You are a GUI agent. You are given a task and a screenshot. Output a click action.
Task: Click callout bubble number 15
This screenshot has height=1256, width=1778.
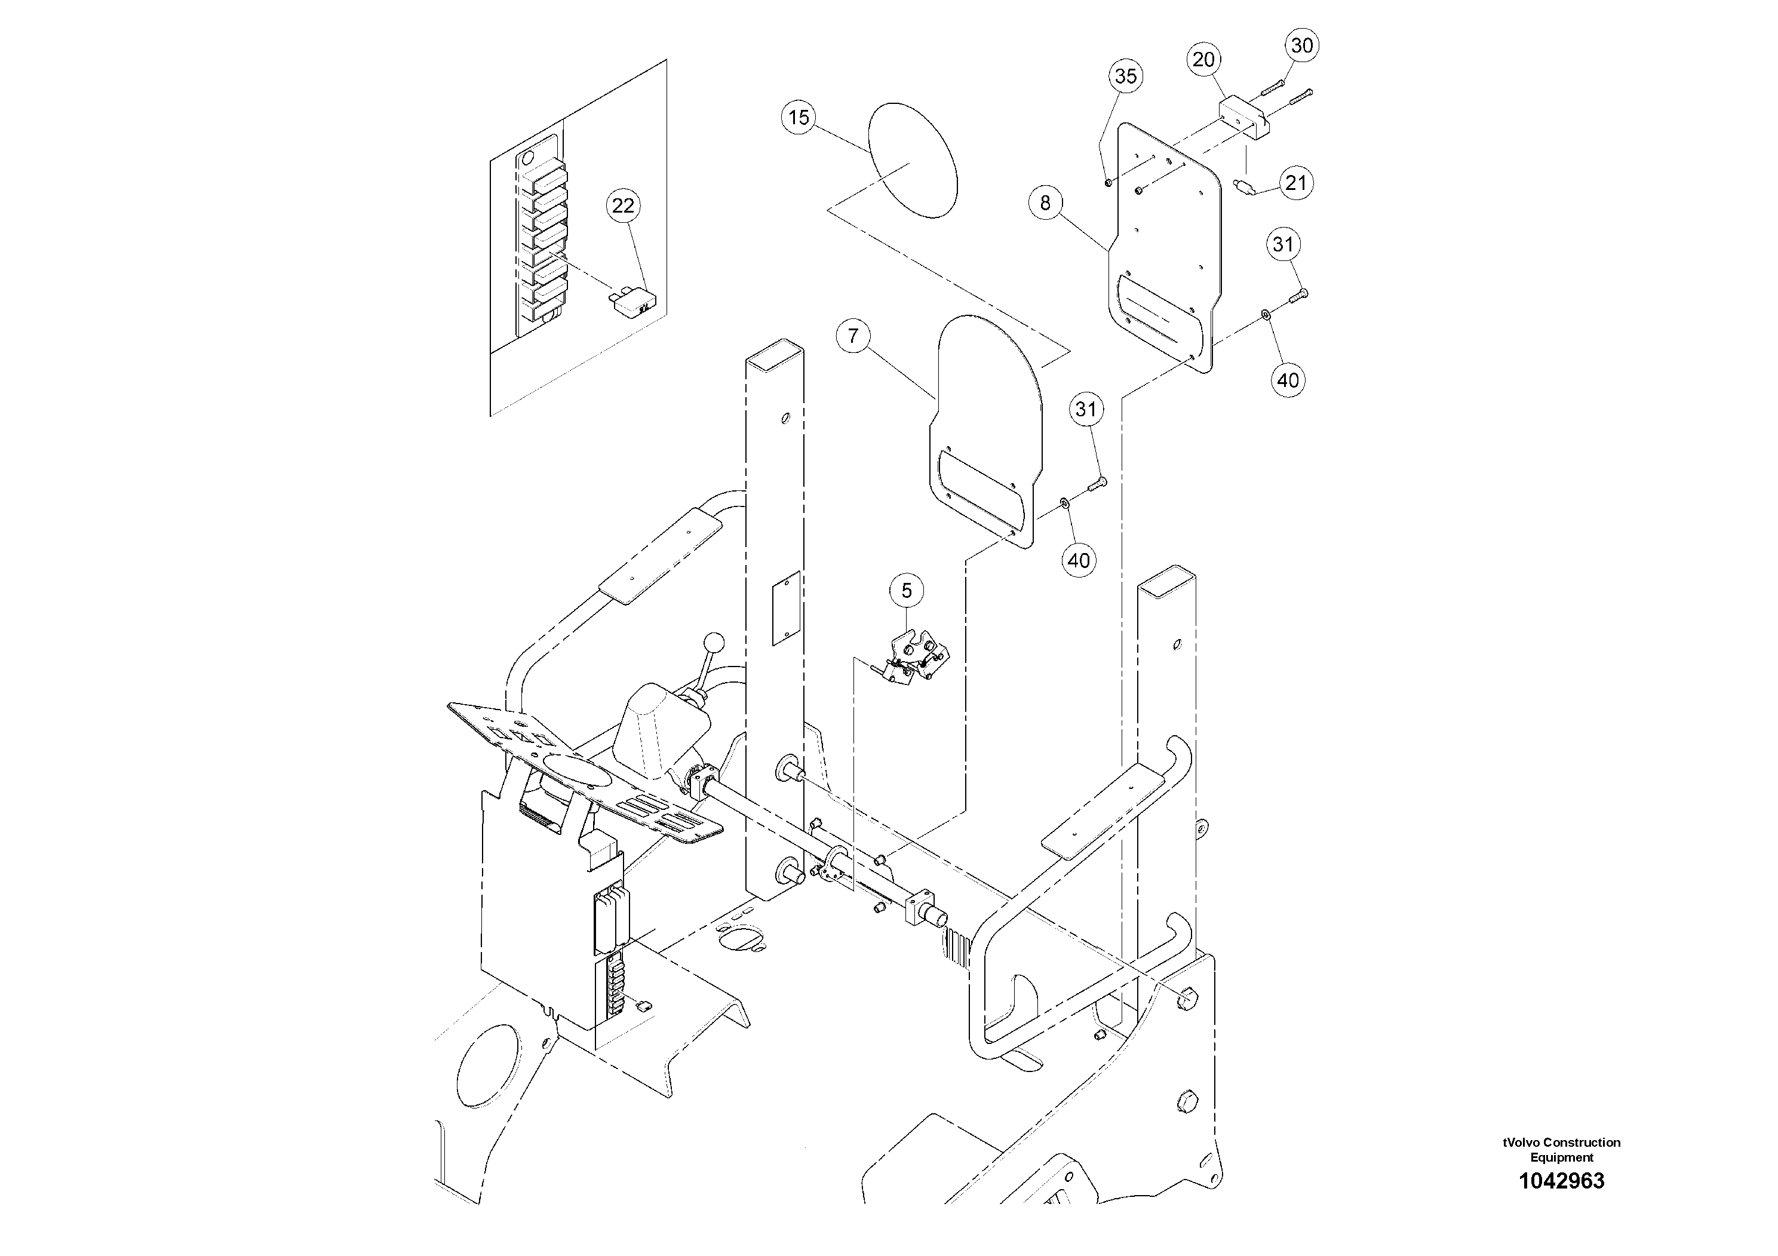pos(799,118)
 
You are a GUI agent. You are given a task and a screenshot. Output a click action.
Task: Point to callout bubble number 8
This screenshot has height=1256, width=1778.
pos(1045,203)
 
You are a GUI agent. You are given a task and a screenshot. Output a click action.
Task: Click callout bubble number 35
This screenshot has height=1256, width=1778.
pos(1125,76)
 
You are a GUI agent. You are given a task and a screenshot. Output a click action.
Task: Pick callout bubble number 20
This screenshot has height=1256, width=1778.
pos(1203,60)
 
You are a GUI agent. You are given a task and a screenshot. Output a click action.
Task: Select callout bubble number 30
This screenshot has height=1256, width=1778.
pos(1302,45)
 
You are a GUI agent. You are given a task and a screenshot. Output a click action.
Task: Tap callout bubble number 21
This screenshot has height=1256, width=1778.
pos(1295,183)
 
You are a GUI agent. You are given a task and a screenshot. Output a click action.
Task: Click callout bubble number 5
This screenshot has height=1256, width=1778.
pos(906,591)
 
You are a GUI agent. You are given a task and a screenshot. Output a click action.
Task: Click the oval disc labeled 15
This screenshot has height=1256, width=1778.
pos(914,160)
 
